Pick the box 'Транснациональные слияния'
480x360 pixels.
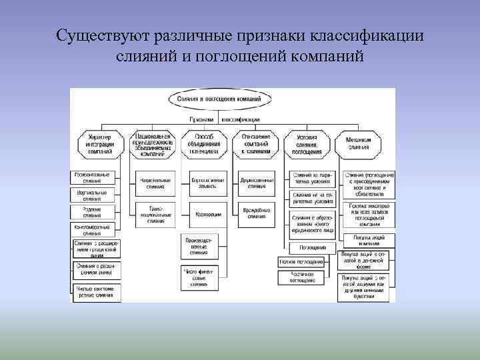pyautogui.click(x=155, y=214)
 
